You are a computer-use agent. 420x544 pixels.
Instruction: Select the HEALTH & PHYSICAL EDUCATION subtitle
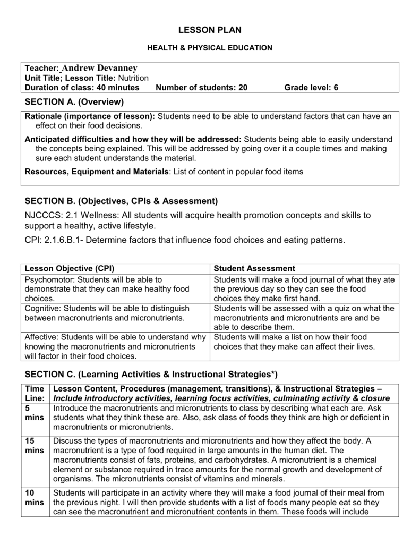pyautogui.click(x=209, y=48)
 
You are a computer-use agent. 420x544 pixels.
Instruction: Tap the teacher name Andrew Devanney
pyautogui.click(x=99, y=68)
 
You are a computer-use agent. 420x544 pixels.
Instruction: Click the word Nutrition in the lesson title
pyautogui.click(x=133, y=78)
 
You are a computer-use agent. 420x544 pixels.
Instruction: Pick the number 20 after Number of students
pyautogui.click(x=243, y=88)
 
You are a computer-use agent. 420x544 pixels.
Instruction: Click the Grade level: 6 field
pyautogui.click(x=311, y=88)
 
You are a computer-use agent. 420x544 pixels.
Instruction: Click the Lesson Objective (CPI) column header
pyautogui.click(x=70, y=268)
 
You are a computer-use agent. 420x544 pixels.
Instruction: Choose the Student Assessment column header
pyautogui.click(x=254, y=268)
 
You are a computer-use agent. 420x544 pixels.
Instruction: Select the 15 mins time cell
pyautogui.click(x=35, y=446)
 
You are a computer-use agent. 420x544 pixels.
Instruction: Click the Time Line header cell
pyautogui.click(x=35, y=393)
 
